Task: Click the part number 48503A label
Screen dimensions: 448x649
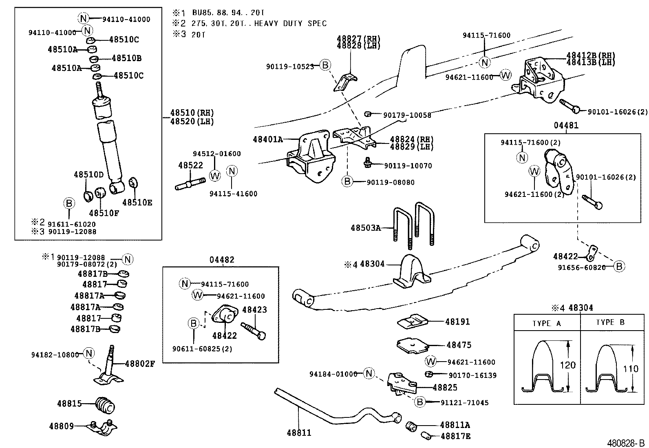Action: pyautogui.click(x=366, y=228)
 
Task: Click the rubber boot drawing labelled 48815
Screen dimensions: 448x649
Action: pyautogui.click(x=106, y=405)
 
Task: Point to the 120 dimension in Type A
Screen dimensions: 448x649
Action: pyautogui.click(x=567, y=365)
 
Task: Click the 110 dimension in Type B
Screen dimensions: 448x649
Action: pyautogui.click(x=631, y=369)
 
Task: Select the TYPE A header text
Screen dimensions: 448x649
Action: pyautogui.click(x=547, y=323)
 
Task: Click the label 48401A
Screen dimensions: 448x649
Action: pyautogui.click(x=267, y=139)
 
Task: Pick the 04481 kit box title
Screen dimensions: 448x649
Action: pyautogui.click(x=566, y=126)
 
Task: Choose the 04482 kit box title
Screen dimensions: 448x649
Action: pyautogui.click(x=222, y=260)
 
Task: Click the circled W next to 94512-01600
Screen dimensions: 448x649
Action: pyautogui.click(x=215, y=175)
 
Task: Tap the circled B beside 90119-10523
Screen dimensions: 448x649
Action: pyautogui.click(x=325, y=65)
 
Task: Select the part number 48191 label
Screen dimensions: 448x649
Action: pyautogui.click(x=458, y=322)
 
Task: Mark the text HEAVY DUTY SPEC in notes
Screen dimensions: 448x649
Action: pyautogui.click(x=290, y=24)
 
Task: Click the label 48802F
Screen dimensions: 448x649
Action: pyautogui.click(x=140, y=364)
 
